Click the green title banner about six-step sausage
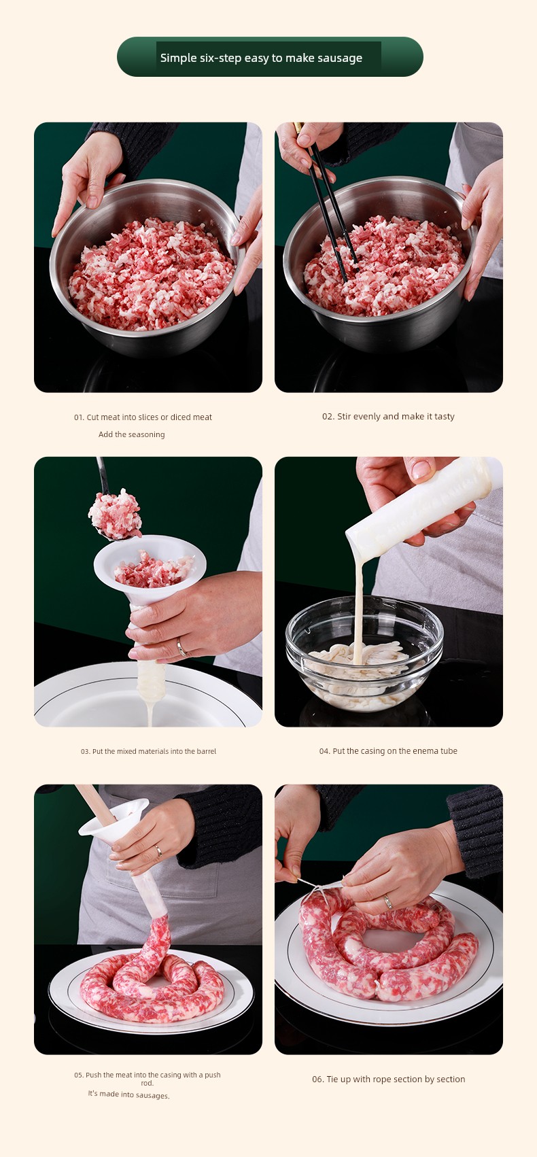[270, 57]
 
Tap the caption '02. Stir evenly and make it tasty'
[388, 416]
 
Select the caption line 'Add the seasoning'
[132, 434]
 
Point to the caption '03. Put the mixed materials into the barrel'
[148, 751]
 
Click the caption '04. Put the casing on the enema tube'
[388, 751]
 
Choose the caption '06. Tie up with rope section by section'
[388, 1079]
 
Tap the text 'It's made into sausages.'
[128, 1094]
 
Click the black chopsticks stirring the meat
[330, 207]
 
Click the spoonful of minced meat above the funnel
[115, 513]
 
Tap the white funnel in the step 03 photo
[150, 594]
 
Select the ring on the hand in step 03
[181, 646]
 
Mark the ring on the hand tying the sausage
[387, 902]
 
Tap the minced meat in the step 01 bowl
[152, 273]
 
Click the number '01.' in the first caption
[79, 417]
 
